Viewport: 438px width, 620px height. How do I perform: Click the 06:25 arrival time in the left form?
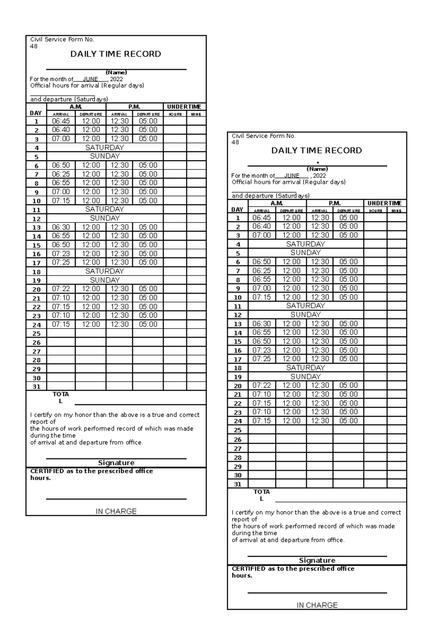coord(61,174)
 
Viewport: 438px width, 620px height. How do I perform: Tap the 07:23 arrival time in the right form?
coord(262,350)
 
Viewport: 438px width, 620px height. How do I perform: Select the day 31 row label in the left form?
coord(36,387)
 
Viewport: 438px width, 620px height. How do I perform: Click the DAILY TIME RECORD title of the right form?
coord(316,150)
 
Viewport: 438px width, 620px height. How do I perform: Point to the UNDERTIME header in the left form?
coord(184,107)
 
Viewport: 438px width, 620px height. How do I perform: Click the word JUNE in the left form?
coord(90,79)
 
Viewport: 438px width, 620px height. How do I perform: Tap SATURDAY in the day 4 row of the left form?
coord(105,148)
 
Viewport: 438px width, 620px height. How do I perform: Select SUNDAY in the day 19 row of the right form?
coord(306,376)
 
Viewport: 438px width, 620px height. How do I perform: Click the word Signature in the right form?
coord(317,560)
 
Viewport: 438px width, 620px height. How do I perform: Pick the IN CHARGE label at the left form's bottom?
coord(116,511)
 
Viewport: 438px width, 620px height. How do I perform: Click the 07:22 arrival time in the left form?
coord(61,289)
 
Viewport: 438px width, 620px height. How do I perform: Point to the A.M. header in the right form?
coord(277,203)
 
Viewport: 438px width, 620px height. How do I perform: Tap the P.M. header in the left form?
coord(134,107)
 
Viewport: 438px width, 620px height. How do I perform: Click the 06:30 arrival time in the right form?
coord(262,324)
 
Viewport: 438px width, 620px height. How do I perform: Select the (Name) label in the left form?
coord(116,72)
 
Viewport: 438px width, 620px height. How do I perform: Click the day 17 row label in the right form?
coord(238,359)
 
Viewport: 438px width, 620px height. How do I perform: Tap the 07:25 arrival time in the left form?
coord(61,262)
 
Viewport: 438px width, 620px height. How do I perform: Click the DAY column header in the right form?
coord(237,210)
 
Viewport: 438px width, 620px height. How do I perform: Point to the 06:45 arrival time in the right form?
coord(262,218)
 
